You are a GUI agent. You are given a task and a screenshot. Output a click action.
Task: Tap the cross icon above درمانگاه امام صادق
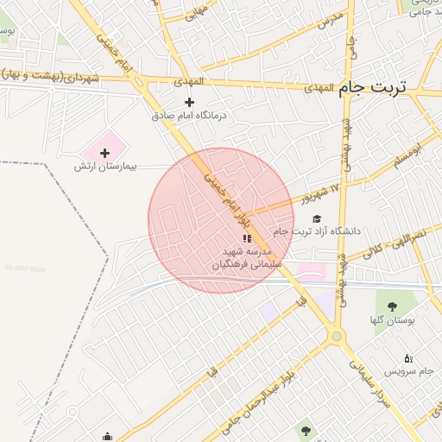(190, 102)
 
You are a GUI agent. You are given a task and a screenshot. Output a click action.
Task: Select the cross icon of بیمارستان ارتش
(105, 153)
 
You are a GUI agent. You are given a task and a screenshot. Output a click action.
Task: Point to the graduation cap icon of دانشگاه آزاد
(317, 219)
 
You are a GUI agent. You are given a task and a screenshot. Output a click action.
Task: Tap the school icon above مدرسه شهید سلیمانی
(246, 237)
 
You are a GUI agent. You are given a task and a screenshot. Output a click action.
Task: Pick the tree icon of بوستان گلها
(393, 306)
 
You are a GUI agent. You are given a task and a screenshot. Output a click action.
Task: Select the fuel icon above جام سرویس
(408, 358)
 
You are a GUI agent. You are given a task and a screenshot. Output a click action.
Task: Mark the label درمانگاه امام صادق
(188, 115)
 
